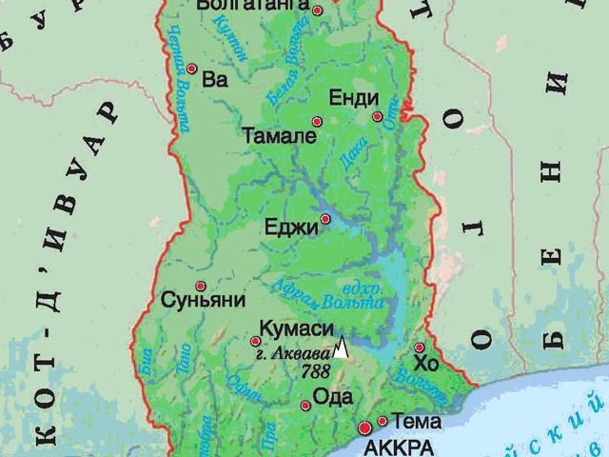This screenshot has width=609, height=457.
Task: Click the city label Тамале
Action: pyautogui.click(x=278, y=136)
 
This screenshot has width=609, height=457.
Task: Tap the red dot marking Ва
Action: pyautogui.click(x=192, y=69)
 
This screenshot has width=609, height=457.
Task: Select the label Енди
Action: pyautogui.click(x=353, y=98)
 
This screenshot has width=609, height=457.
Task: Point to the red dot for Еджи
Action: pyautogui.click(x=325, y=219)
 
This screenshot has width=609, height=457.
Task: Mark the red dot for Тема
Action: pyautogui.click(x=383, y=421)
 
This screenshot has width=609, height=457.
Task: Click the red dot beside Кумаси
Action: pyautogui.click(x=255, y=341)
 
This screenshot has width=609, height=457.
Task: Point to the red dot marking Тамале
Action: pyautogui.click(x=318, y=121)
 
